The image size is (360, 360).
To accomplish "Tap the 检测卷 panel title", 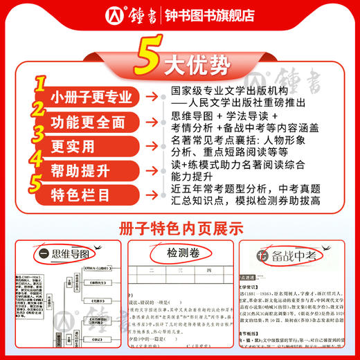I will (x=179, y=255).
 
